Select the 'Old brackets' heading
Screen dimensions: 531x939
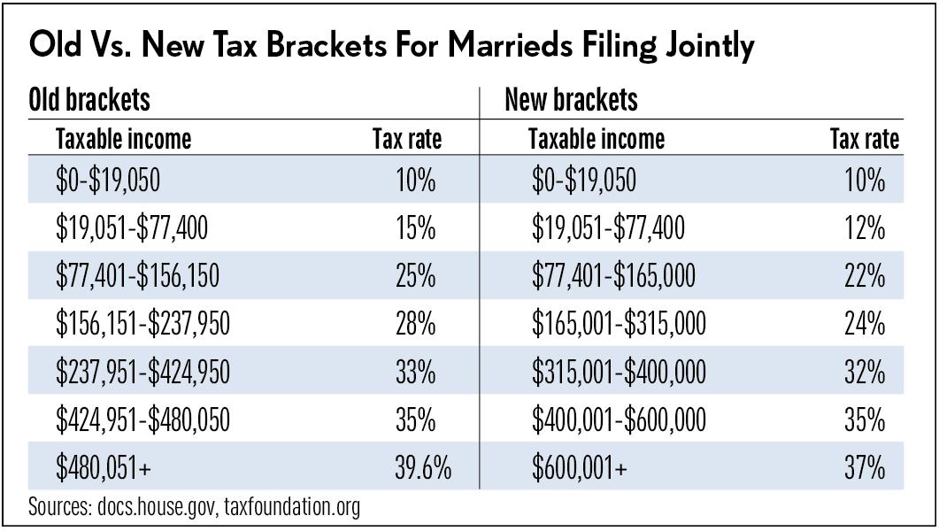pyautogui.click(x=89, y=100)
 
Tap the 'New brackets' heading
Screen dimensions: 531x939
pyautogui.click(x=571, y=100)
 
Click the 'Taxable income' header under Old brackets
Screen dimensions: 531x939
pyautogui.click(x=123, y=139)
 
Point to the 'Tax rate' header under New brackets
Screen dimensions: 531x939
pyautogui.click(x=864, y=139)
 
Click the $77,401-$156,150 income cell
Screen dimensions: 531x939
pyautogui.click(x=137, y=277)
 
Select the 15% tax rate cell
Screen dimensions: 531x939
pyautogui.click(x=415, y=229)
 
